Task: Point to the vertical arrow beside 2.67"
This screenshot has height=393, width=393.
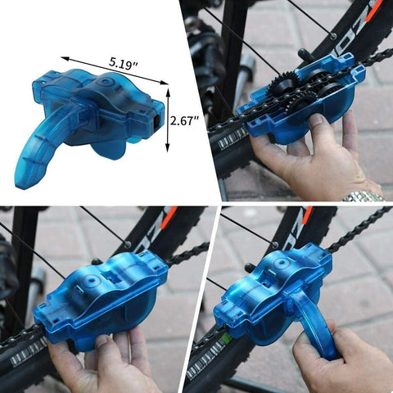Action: click(x=169, y=120)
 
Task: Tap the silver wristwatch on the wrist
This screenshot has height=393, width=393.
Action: click(x=364, y=196)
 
